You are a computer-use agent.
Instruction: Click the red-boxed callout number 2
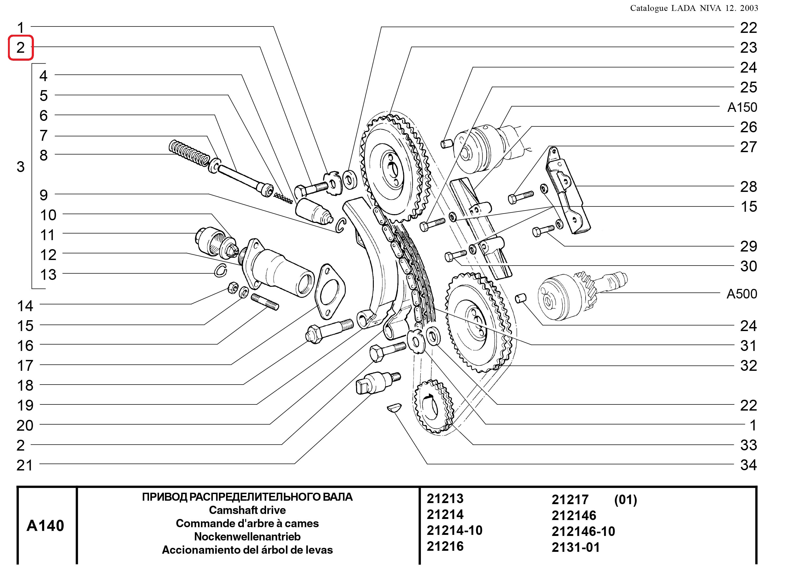pyautogui.click(x=20, y=47)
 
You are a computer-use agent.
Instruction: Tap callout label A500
pyautogui.click(x=741, y=294)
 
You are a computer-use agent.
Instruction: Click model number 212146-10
pyautogui.click(x=583, y=531)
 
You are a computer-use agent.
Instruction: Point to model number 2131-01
pyautogui.click(x=576, y=547)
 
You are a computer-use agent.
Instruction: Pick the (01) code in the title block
pyautogui.click(x=626, y=500)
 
